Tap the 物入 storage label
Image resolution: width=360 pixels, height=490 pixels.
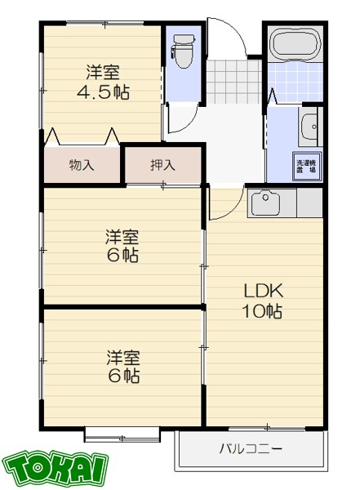click(x=82, y=165)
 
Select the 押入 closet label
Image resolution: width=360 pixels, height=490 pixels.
click(x=162, y=165)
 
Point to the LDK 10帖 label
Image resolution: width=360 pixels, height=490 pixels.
click(x=261, y=301)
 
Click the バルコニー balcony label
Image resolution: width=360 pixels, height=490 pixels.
click(x=251, y=448)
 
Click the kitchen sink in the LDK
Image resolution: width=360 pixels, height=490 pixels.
click(x=267, y=201)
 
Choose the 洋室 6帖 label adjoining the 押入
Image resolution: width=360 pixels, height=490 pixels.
click(x=121, y=246)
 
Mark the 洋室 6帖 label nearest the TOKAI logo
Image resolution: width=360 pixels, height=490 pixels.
click(x=121, y=366)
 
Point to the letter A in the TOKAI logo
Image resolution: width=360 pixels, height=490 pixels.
click(x=82, y=467)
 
